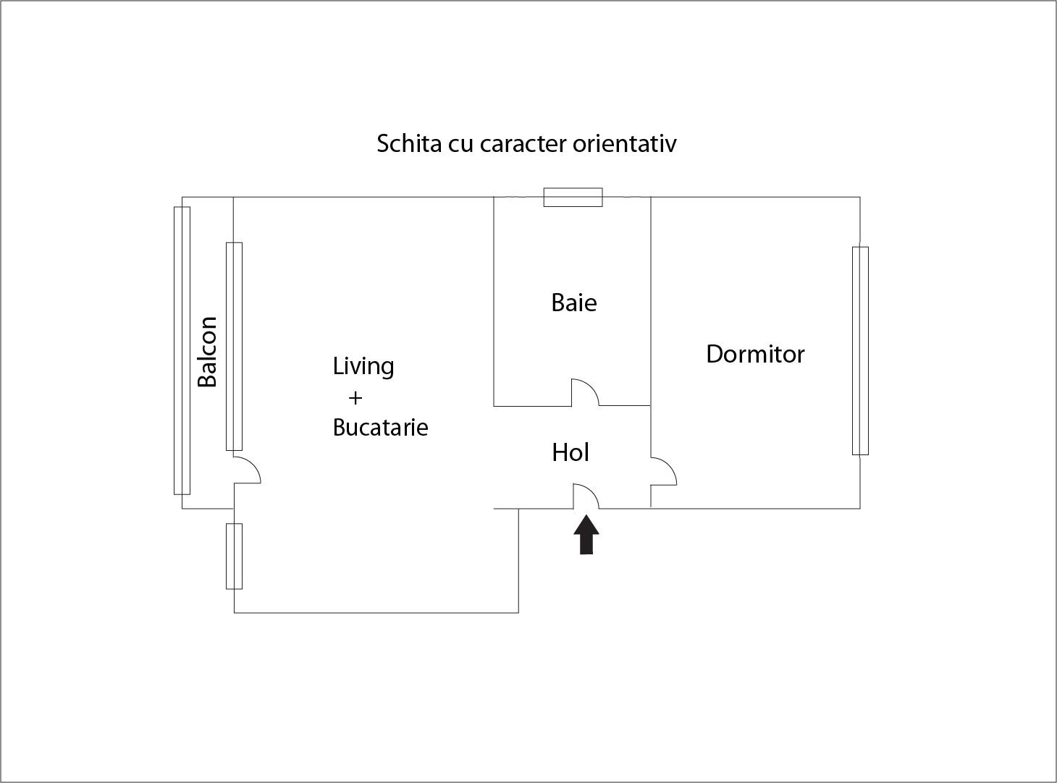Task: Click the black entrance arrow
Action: point(586,534)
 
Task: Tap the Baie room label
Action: point(574,302)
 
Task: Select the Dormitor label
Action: point(755,354)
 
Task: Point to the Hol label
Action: point(570,452)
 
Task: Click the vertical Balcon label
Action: point(207,352)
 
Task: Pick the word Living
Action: point(363,366)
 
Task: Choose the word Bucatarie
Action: point(380,428)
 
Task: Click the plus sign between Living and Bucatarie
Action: point(355,397)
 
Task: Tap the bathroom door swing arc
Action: point(585,392)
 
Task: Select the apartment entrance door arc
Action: point(586,496)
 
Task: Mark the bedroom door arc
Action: point(664,471)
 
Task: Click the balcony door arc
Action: point(247,470)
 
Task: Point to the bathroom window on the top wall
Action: point(573,198)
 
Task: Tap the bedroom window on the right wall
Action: point(860,351)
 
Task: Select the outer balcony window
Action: point(182,351)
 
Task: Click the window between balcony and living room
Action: point(234,347)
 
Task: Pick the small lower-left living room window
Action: point(234,556)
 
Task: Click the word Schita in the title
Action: point(409,143)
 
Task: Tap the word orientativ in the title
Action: point(625,143)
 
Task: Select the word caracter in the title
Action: point(523,145)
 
